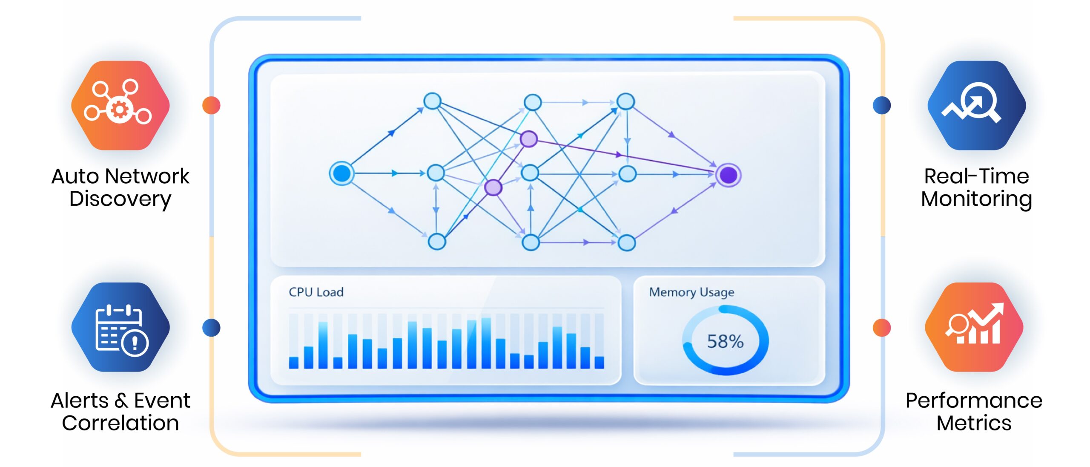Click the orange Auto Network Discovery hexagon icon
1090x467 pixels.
(120, 105)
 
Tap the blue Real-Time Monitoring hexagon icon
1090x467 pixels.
(976, 105)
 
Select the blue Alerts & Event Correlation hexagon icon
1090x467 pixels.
(120, 327)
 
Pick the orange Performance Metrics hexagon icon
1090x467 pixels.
(974, 327)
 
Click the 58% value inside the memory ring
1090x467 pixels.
(725, 341)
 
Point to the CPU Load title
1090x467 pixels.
(316, 292)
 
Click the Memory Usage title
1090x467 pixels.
(691, 292)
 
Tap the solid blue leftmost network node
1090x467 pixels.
(341, 173)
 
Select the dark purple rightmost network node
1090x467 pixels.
(728, 175)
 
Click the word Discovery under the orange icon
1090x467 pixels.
(120, 199)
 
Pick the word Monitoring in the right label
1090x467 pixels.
(976, 199)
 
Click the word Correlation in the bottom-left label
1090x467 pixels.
(120, 423)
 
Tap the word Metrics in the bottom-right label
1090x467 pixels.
(974, 423)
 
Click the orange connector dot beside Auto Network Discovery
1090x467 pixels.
(211, 105)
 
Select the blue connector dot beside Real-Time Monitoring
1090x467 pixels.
(882, 105)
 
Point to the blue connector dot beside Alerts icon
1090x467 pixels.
(211, 328)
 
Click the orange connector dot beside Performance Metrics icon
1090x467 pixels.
(882, 328)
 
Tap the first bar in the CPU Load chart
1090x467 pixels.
(293, 362)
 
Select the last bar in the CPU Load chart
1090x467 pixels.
(599, 362)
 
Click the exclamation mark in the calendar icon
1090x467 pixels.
(135, 342)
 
